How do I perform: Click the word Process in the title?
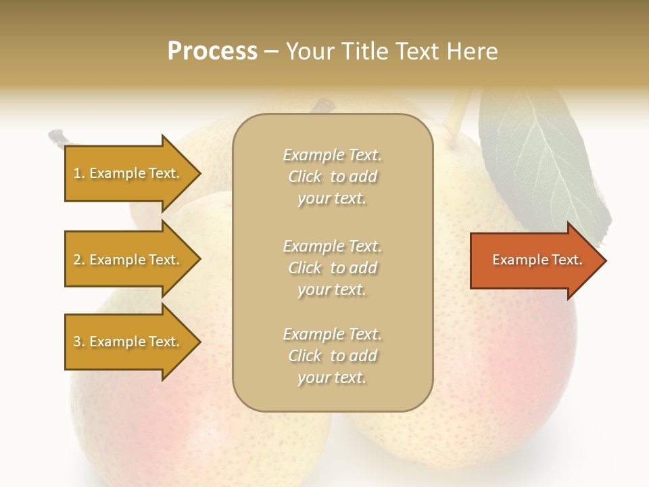pos(212,51)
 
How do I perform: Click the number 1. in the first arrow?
pos(79,174)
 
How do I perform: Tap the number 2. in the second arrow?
pos(79,260)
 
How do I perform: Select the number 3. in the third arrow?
pos(79,342)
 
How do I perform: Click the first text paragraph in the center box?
pos(332,177)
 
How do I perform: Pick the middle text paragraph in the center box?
pos(332,268)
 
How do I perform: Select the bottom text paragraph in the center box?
pos(332,356)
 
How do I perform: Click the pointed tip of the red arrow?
pos(604,260)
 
